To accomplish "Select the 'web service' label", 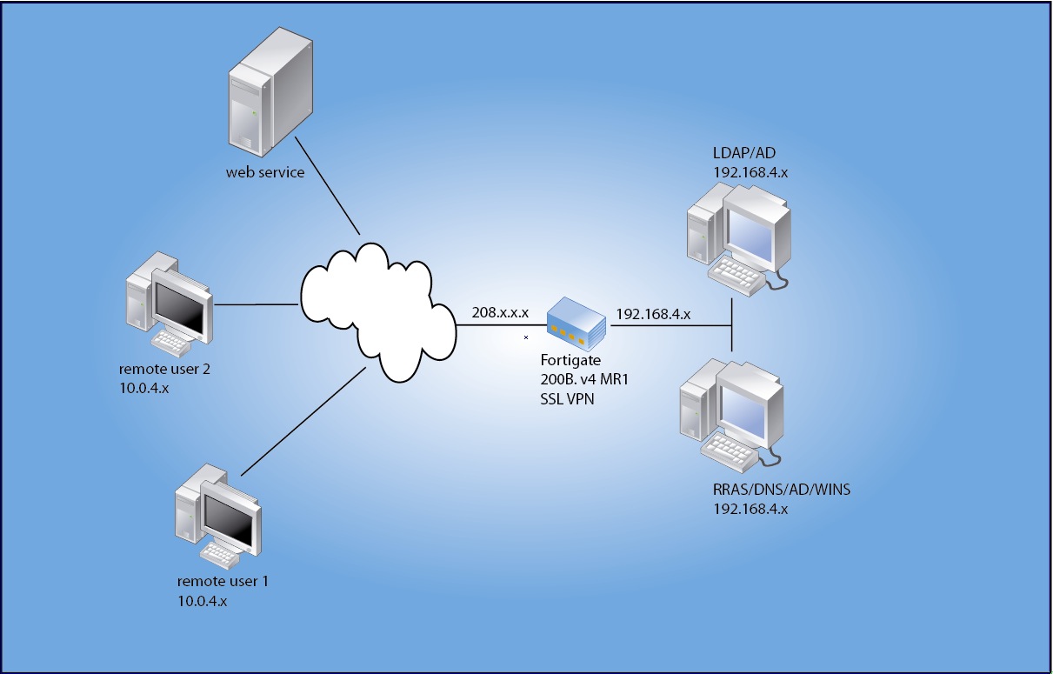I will pyautogui.click(x=265, y=172).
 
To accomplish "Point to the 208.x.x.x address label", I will pyautogui.click(x=500, y=312).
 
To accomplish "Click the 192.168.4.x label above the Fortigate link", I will pyautogui.click(x=653, y=313).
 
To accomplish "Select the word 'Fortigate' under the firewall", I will pyautogui.click(x=570, y=360).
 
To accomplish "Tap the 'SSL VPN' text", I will pyautogui.click(x=568, y=398).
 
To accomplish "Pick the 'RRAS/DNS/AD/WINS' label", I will pyautogui.click(x=781, y=490).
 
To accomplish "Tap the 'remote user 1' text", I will pyautogui.click(x=223, y=581).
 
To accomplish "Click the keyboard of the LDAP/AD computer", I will pyautogui.click(x=737, y=274).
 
